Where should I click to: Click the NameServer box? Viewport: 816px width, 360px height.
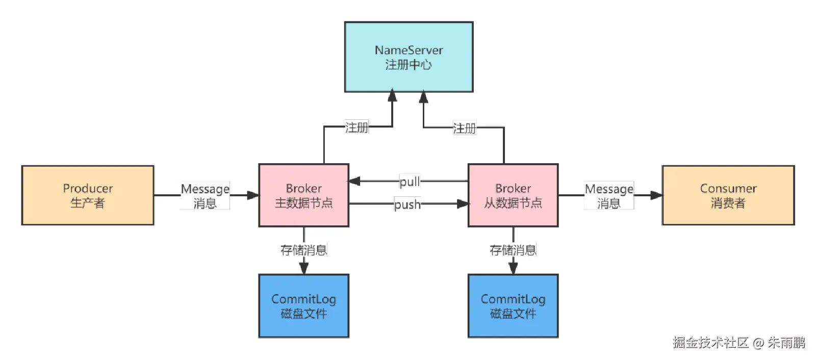pyautogui.click(x=409, y=57)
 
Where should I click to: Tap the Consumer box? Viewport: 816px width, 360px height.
pyautogui.click(x=728, y=195)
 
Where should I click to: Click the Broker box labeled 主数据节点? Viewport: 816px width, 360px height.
pyautogui.click(x=303, y=195)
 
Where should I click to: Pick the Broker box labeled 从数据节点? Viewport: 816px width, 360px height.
pyautogui.click(x=513, y=195)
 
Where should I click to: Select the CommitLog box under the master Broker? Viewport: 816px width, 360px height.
pyautogui.click(x=303, y=306)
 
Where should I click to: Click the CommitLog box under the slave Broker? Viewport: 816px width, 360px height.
pyautogui.click(x=513, y=306)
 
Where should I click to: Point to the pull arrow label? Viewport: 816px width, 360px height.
pyautogui.click(x=410, y=182)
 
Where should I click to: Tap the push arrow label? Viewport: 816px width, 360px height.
pyautogui.click(x=407, y=204)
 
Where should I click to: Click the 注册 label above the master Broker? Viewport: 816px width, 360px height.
pyautogui.click(x=356, y=127)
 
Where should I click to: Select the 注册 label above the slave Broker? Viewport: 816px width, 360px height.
pyautogui.click(x=464, y=128)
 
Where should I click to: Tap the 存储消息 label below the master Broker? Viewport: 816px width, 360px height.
pyautogui.click(x=303, y=250)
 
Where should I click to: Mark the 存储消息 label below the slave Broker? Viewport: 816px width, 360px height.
pyautogui.click(x=513, y=250)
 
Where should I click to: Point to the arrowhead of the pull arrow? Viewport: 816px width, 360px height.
pyautogui.click(x=354, y=181)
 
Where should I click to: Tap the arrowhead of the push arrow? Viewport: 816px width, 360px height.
pyautogui.click(x=463, y=204)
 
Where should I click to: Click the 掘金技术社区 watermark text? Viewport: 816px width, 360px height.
pyautogui.click(x=710, y=343)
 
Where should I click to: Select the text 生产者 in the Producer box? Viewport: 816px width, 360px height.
pyautogui.click(x=88, y=203)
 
